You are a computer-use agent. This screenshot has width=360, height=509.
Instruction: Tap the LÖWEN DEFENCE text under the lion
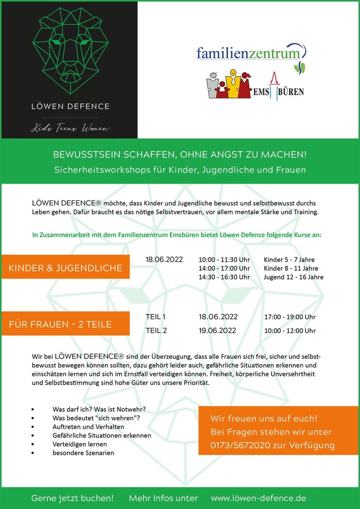pyautogui.click(x=70, y=106)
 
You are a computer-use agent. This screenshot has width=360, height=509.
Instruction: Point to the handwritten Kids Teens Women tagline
pyautogui.click(x=70, y=128)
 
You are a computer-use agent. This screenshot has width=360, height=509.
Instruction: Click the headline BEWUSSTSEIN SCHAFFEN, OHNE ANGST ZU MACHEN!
pyautogui.click(x=180, y=155)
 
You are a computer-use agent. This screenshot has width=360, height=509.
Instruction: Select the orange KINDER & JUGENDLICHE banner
pyautogui.click(x=65, y=268)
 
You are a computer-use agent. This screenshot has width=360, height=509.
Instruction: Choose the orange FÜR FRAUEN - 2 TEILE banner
pyautogui.click(x=65, y=324)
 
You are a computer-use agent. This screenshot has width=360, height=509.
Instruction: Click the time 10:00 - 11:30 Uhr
pyautogui.click(x=224, y=260)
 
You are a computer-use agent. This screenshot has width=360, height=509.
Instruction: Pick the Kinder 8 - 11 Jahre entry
pyautogui.click(x=291, y=268)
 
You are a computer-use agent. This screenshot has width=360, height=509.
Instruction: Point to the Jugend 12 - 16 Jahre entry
pyautogui.click(x=293, y=277)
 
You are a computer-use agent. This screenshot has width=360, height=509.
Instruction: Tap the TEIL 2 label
pyautogui.click(x=156, y=331)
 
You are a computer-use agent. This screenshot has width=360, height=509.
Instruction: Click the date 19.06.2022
pyautogui.click(x=218, y=331)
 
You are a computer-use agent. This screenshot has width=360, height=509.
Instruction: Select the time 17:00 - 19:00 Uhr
pyautogui.click(x=290, y=317)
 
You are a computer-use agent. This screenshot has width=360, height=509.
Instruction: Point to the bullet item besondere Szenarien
pyautogui.click(x=83, y=452)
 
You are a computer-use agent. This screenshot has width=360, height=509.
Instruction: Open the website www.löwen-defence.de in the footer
pyautogui.click(x=258, y=498)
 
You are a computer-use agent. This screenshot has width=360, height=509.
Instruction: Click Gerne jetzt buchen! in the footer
pyautogui.click(x=72, y=498)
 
